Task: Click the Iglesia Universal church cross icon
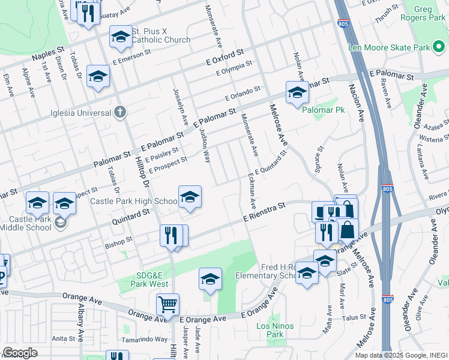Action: coord(120,112)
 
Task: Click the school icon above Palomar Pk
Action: coord(297,93)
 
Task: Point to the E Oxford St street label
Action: coord(224,58)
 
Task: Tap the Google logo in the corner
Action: coord(20,352)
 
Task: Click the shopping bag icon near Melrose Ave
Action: coord(348,229)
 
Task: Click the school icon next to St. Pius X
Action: coord(121,38)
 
